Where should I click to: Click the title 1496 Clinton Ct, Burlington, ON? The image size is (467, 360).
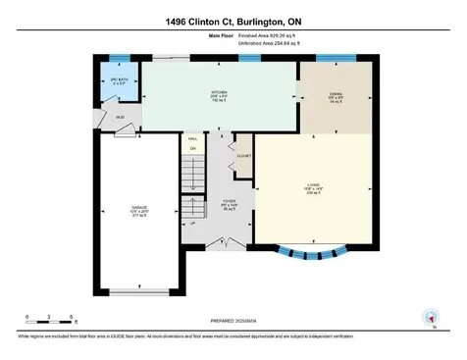click(233, 21)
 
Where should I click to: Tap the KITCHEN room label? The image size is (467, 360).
click(219, 96)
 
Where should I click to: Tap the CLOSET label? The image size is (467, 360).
click(243, 156)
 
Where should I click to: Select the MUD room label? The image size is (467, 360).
click(121, 118)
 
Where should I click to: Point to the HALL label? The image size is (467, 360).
click(193, 139)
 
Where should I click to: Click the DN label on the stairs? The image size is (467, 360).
click(193, 149)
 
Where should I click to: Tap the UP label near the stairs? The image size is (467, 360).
click(192, 223)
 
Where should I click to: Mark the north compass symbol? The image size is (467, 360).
click(428, 316)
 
